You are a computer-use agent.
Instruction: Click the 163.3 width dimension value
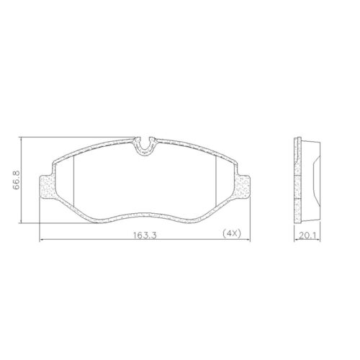click(x=145, y=235)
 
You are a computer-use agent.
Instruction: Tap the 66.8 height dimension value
click(x=17, y=180)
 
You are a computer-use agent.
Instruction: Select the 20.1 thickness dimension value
click(x=307, y=236)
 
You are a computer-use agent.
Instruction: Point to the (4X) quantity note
click(x=232, y=233)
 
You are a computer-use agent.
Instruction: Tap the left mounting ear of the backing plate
click(x=48, y=187)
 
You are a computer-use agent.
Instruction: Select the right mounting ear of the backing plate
click(x=241, y=187)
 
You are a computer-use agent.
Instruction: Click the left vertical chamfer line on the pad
click(x=73, y=181)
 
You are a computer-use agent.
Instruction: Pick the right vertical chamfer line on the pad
click(x=216, y=181)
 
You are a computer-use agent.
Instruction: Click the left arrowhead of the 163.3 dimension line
click(x=41, y=240)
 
